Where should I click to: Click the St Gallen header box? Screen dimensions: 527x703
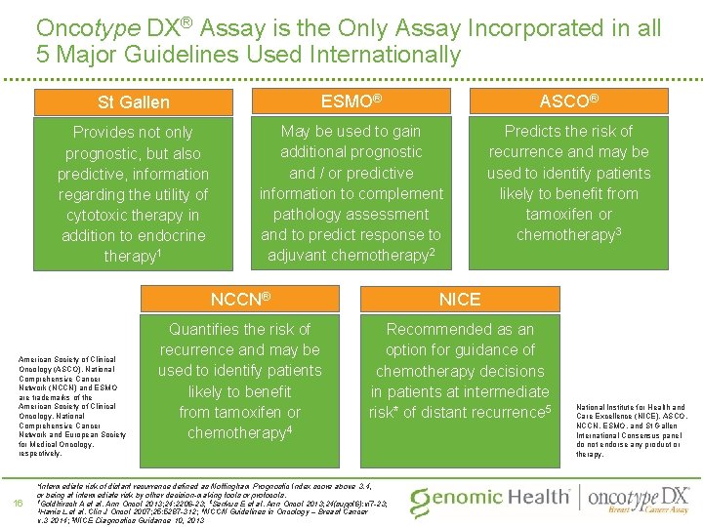(x=134, y=101)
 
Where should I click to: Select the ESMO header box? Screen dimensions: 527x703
(x=351, y=101)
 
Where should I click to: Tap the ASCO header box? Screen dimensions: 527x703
(x=569, y=101)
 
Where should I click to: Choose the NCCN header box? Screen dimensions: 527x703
(x=240, y=299)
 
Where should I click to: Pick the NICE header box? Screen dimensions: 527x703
(x=460, y=299)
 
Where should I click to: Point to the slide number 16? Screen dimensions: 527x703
(x=19, y=502)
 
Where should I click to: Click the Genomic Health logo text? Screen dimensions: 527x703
(x=489, y=497)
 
